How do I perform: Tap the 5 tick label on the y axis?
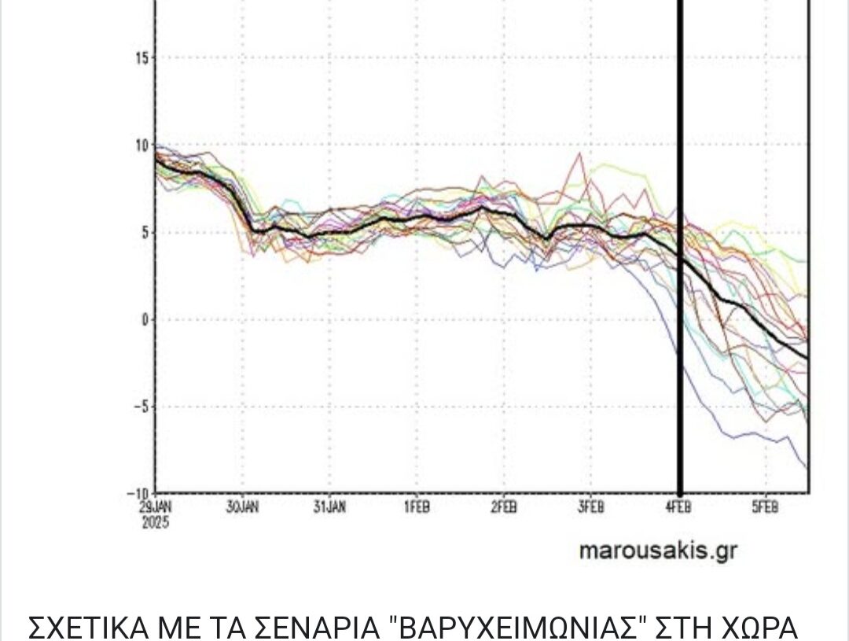click(144, 233)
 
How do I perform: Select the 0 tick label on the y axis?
click(144, 320)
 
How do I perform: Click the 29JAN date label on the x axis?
click(154, 507)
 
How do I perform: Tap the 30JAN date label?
click(242, 507)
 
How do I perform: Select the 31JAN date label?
click(329, 507)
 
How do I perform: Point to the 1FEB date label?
click(417, 507)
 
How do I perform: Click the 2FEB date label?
click(504, 507)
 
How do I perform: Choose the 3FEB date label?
click(591, 507)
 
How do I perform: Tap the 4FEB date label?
click(678, 507)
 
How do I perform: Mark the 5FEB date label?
click(765, 507)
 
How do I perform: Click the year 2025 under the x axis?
click(155, 521)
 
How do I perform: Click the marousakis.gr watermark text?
click(659, 551)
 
